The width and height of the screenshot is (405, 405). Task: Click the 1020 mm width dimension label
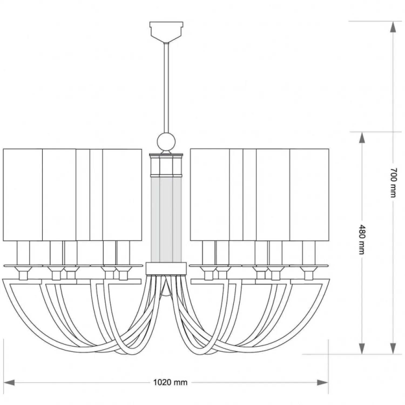tap(170, 382)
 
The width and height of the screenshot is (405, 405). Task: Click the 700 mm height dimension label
tap(393, 183)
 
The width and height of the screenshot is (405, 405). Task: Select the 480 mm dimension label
tap(362, 239)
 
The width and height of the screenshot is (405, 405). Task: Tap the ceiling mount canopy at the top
tap(166, 32)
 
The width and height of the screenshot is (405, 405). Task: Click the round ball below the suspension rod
tap(166, 141)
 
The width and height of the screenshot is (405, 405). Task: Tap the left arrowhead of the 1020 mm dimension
tap(9, 382)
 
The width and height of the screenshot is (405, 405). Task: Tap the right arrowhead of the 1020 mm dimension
tap(323, 382)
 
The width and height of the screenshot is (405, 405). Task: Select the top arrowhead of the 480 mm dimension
tap(362, 138)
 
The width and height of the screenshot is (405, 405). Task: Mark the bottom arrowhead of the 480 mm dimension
tap(362, 349)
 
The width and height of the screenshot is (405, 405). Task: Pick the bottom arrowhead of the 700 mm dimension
tap(393, 349)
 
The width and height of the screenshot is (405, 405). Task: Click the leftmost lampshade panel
tap(23, 195)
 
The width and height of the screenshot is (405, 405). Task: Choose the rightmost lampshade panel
tap(309, 195)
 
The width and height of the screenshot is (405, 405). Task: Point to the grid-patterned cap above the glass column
tap(166, 164)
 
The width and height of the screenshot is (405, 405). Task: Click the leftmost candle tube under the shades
tap(23, 253)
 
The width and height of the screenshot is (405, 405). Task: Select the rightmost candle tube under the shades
tap(309, 253)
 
